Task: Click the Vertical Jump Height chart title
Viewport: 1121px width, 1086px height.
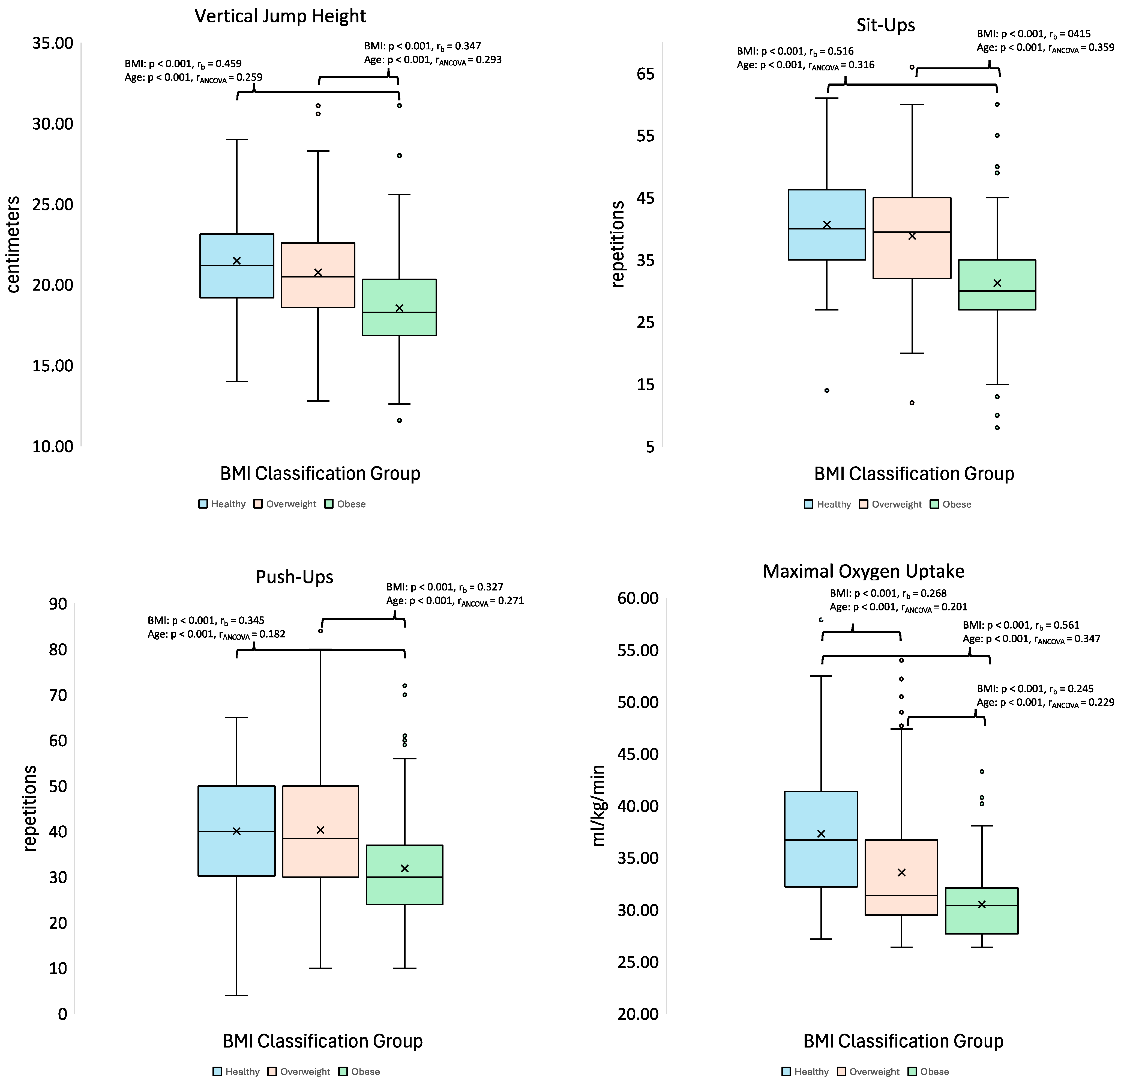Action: click(x=280, y=16)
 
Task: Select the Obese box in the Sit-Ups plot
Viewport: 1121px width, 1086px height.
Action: click(x=997, y=284)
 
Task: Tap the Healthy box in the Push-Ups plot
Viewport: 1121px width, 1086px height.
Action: click(x=236, y=831)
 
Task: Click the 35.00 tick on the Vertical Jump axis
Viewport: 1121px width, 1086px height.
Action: click(x=53, y=43)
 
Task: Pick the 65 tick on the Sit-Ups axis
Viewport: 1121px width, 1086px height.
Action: click(x=645, y=74)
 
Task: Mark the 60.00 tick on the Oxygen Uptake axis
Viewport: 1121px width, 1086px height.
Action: click(x=638, y=598)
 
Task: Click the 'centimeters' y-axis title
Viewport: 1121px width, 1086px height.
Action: click(x=14, y=244)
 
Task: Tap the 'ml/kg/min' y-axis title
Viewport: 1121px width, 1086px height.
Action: click(x=598, y=805)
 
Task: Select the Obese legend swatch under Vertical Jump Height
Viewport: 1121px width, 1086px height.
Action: click(x=329, y=504)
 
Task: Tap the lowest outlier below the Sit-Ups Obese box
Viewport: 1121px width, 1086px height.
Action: click(x=997, y=427)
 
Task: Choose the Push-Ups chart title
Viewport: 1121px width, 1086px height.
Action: click(x=295, y=577)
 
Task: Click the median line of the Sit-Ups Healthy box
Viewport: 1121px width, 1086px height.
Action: click(x=826, y=229)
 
